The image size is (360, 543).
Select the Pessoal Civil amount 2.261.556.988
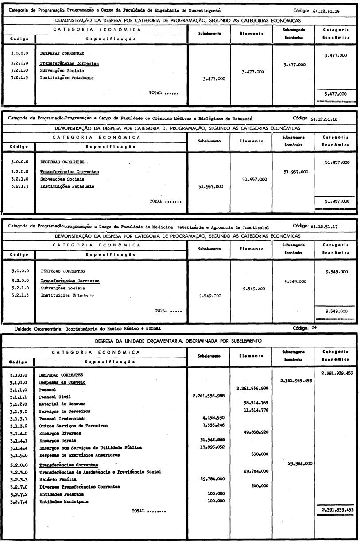pos(209,397)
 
